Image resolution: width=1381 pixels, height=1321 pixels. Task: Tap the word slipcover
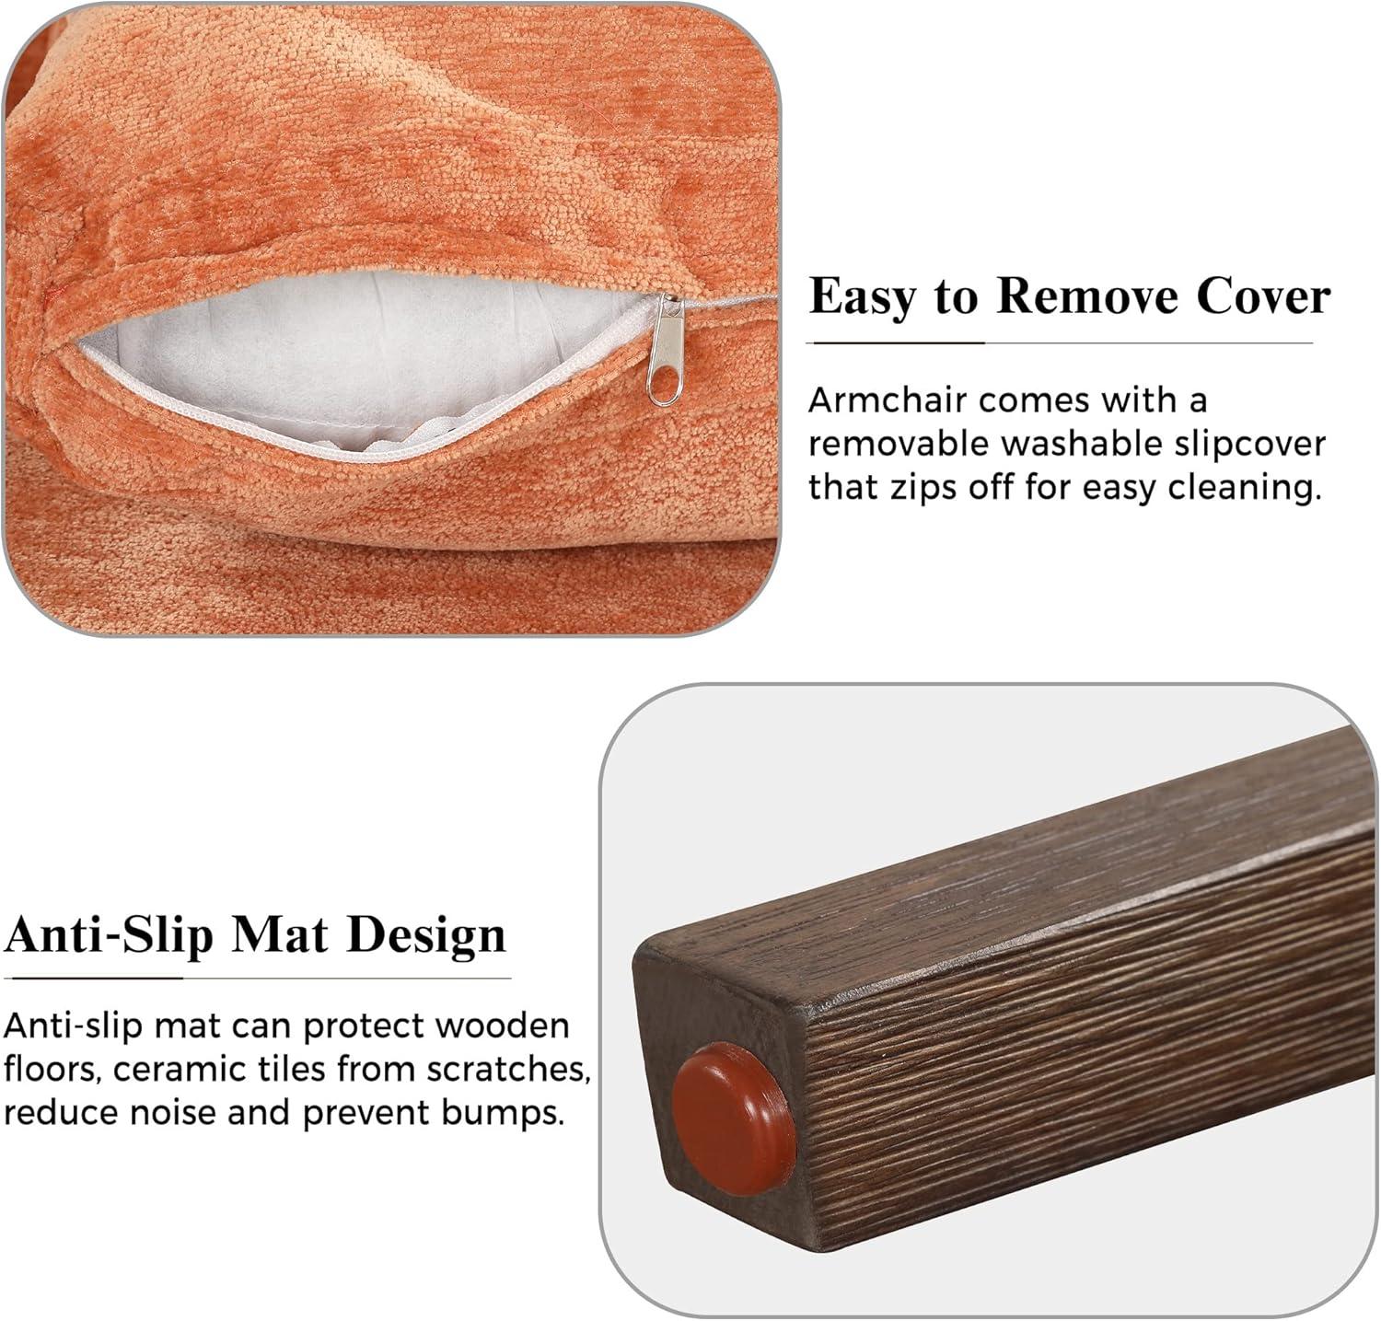point(1249,445)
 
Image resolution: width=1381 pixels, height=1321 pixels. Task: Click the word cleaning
point(1245,488)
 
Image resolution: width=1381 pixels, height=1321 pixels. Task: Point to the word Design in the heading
point(426,936)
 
